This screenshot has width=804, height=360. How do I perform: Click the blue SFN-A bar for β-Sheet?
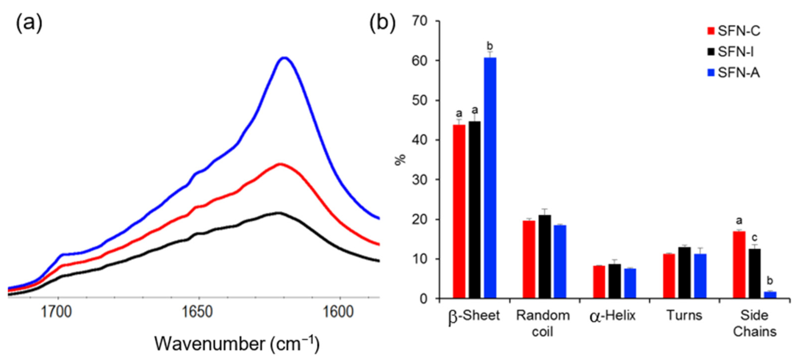click(490, 178)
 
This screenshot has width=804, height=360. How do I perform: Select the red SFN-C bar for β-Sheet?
click(459, 211)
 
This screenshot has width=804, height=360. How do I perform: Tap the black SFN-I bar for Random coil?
click(544, 256)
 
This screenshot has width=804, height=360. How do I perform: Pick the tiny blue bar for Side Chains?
click(770, 295)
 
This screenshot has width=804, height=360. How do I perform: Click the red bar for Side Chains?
click(739, 265)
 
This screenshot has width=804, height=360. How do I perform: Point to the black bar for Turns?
click(684, 272)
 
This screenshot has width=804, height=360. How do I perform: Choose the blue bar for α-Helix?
click(630, 283)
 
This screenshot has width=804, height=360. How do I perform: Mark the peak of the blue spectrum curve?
click(285, 58)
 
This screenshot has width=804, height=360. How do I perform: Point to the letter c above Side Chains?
click(755, 238)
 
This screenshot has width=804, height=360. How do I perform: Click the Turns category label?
click(684, 315)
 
